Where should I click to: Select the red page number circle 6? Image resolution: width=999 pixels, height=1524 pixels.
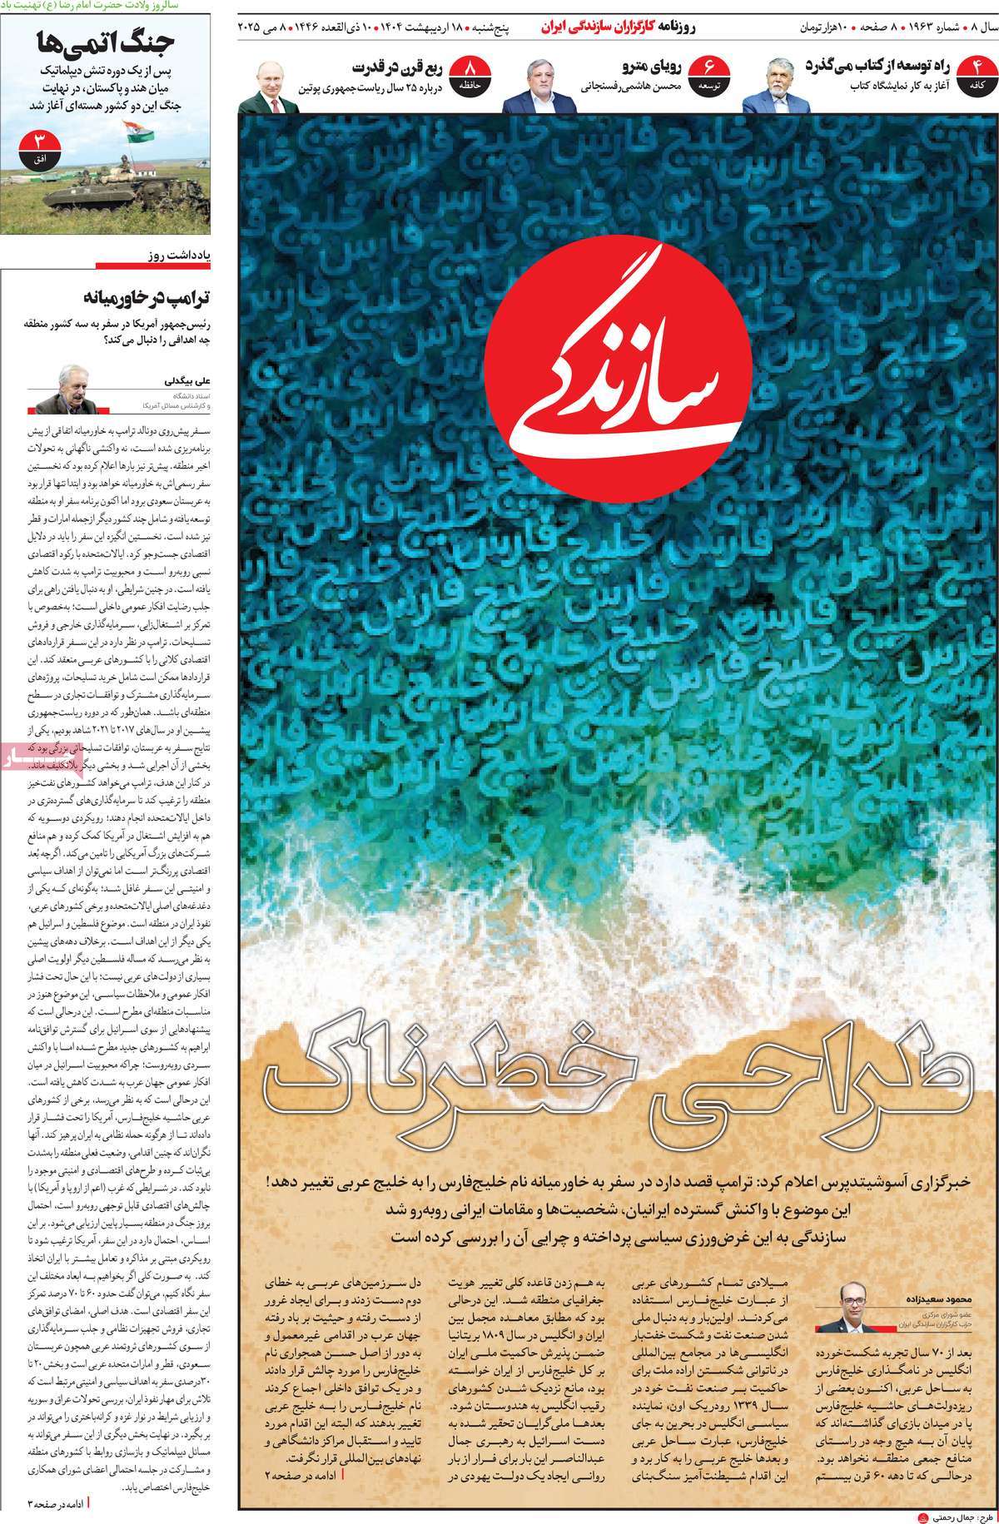coord(709,73)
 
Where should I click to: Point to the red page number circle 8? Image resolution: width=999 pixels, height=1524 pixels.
coord(472,73)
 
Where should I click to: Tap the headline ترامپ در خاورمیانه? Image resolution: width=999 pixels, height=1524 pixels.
coord(147,298)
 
